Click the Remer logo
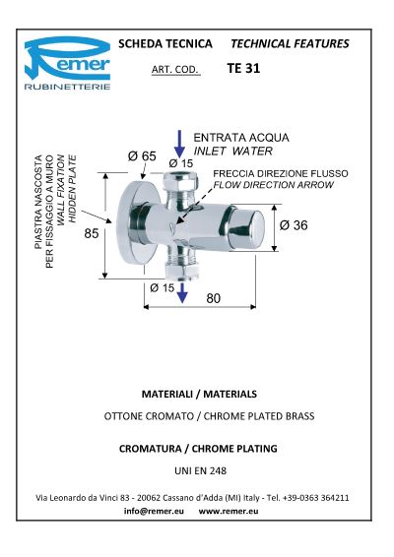point(68,63)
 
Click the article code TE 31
point(243,68)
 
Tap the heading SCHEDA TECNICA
point(165,43)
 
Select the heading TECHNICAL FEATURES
point(290,43)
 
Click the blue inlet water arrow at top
point(179,144)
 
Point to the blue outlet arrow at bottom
point(182,292)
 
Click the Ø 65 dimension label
point(142,155)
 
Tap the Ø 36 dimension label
point(294,224)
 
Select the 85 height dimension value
point(92,233)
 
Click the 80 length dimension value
point(214,298)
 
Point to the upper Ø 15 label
point(181,163)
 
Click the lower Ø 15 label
point(163,287)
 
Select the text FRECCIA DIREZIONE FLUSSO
point(281,174)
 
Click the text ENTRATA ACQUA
point(241,138)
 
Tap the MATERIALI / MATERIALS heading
point(199,394)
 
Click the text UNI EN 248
point(201,470)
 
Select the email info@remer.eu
point(154,511)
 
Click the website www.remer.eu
point(229,511)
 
